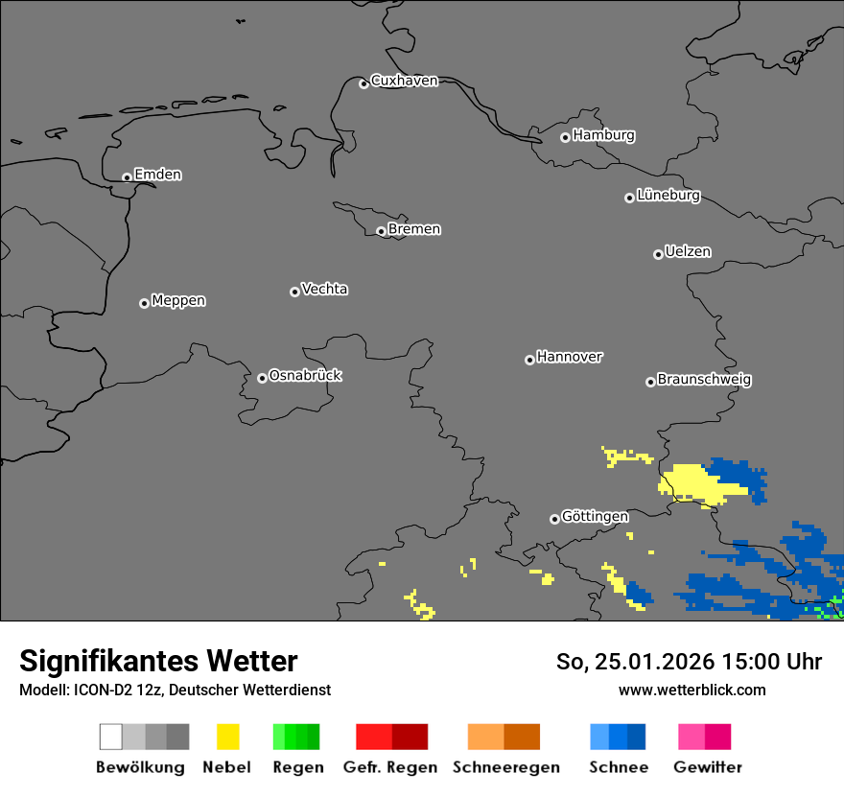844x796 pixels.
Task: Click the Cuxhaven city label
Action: pos(404,81)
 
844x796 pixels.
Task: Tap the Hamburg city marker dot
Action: pos(565,137)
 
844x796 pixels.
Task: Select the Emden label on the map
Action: pos(157,175)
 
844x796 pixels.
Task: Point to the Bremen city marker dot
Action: pos(381,231)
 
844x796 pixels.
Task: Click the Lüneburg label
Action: pos(668,196)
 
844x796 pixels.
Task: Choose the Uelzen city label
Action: pos(688,251)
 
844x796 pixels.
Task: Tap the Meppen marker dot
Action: pos(144,303)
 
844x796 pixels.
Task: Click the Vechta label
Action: pos(324,289)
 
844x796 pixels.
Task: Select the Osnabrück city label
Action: pos(305,376)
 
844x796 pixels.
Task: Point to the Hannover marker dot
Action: pos(529,360)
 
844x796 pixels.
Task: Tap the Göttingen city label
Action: pos(595,517)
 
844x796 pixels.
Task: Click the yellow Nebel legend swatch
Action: pos(227,737)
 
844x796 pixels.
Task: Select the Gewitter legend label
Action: pos(708,767)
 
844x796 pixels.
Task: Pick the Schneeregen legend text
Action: pos(506,767)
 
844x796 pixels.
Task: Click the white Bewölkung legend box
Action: pos(111,737)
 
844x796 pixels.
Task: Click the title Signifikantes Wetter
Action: pos(158,661)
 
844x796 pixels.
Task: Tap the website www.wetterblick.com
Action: pos(692,690)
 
